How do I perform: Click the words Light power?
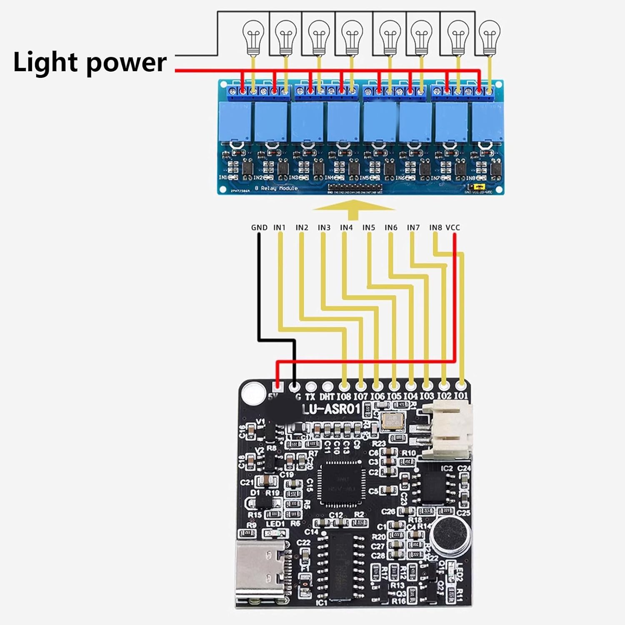[90, 62]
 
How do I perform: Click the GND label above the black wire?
[259, 227]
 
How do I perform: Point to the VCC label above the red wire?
[453, 227]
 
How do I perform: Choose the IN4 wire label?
[346, 227]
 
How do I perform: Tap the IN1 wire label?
[280, 227]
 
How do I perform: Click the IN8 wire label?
[435, 227]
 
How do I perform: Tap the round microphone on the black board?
[451, 536]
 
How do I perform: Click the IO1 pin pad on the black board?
[460, 385]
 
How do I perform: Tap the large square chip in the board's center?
[341, 482]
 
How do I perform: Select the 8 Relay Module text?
[276, 188]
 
